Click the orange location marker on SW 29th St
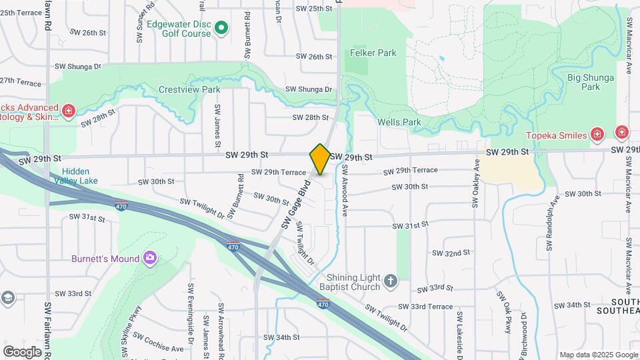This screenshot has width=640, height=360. (320, 159)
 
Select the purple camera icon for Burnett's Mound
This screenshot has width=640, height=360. (150, 258)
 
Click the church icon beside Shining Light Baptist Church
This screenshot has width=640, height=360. (391, 282)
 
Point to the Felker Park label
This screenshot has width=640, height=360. (373, 53)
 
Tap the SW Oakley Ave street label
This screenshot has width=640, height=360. (476, 184)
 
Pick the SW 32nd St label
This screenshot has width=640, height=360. (451, 253)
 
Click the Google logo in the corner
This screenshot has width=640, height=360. (22, 351)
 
